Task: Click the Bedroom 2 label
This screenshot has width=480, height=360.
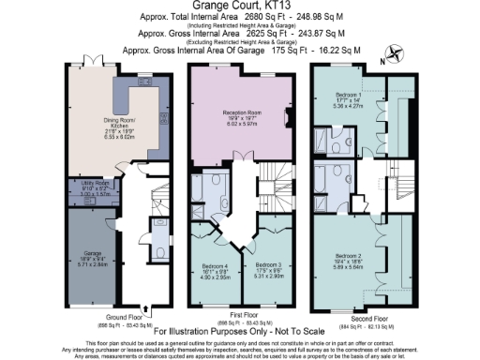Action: [349, 261]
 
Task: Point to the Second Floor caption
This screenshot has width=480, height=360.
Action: [367, 316]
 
